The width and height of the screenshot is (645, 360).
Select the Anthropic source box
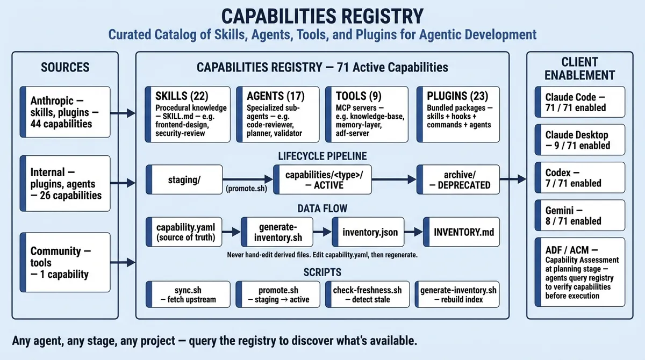coord(64,112)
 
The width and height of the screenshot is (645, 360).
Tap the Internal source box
coord(64,183)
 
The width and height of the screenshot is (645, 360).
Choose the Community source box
coord(64,262)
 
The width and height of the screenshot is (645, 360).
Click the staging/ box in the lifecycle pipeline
coord(184,180)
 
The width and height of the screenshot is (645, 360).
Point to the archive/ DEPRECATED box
coord(458,180)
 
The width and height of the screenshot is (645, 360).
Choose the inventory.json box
coord(370,232)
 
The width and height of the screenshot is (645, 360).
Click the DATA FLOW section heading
coord(322,208)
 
